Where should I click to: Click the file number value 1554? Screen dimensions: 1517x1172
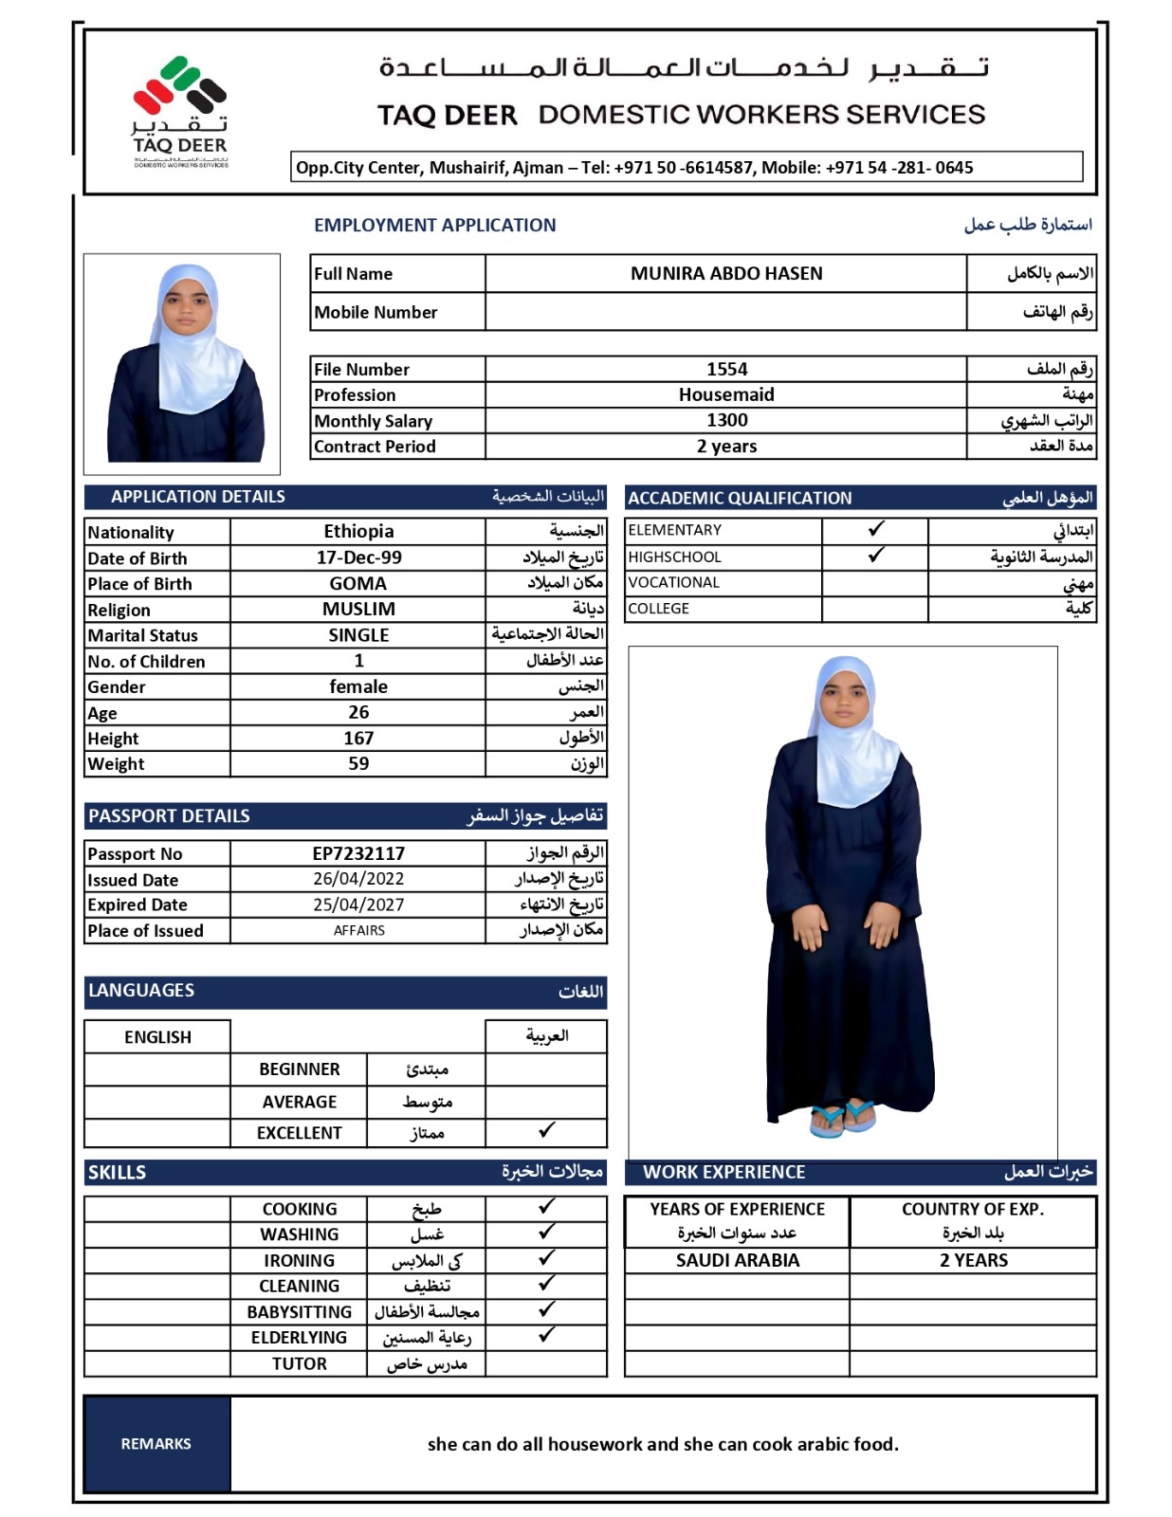(x=726, y=369)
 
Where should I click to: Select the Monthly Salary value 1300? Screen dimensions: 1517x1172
(x=726, y=420)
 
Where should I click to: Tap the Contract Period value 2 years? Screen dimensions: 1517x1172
(x=726, y=446)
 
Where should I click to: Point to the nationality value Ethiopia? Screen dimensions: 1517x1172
(x=358, y=531)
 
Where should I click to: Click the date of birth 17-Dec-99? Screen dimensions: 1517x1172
(x=358, y=557)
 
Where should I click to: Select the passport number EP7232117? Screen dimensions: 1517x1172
(x=358, y=853)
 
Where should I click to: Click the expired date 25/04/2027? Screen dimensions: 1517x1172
(x=358, y=905)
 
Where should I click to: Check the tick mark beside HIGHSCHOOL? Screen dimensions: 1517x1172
(x=876, y=555)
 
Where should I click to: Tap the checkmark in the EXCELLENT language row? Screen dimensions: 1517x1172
(x=546, y=1130)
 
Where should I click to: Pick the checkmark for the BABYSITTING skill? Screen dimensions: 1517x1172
(x=546, y=1309)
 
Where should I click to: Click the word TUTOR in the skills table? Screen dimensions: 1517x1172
(x=299, y=1363)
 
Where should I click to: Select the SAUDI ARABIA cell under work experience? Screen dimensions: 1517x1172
(x=737, y=1260)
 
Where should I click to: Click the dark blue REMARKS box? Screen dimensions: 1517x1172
(x=156, y=1443)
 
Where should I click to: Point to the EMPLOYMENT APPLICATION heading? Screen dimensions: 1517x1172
(x=434, y=225)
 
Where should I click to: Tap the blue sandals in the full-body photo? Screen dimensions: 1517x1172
(x=842, y=1117)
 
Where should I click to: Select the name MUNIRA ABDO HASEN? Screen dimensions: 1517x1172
(x=726, y=273)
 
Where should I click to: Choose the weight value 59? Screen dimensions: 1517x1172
(x=358, y=763)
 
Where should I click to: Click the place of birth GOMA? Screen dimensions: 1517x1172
(x=358, y=583)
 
